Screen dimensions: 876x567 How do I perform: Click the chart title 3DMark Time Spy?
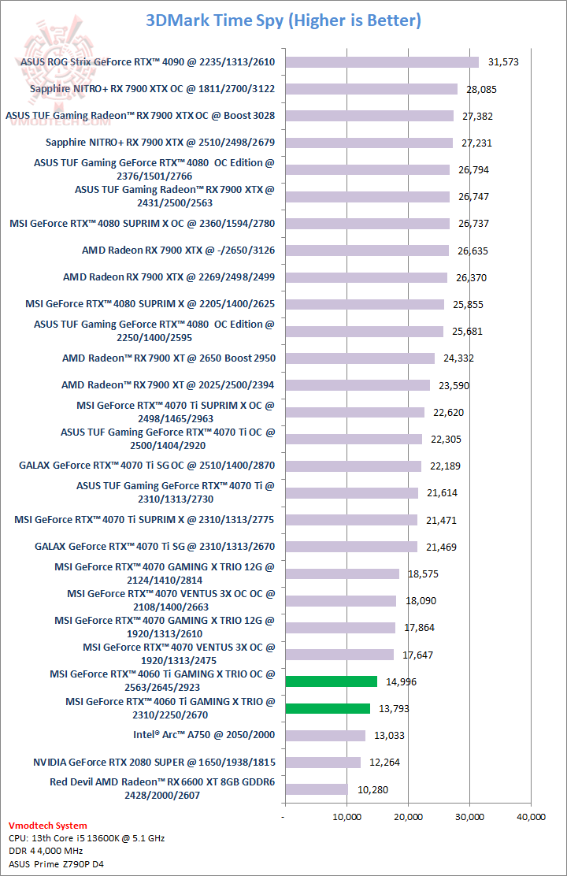pyautogui.click(x=283, y=20)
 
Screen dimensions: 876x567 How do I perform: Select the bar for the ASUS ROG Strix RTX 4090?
pyautogui.click(x=382, y=62)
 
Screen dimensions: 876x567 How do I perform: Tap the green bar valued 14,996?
pyautogui.click(x=332, y=681)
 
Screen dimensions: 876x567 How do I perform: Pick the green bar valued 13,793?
pyautogui.click(x=328, y=708)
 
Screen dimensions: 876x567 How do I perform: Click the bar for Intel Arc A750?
pyautogui.click(x=325, y=735)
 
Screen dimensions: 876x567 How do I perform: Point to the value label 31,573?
pyautogui.click(x=503, y=62)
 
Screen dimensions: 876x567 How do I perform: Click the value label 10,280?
pyautogui.click(x=372, y=789)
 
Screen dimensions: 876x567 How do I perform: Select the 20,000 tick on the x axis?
pyautogui.click(x=409, y=816)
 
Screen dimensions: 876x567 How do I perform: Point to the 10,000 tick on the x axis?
pyautogui.click(x=347, y=816)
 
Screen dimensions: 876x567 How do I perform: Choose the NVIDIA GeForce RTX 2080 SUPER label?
pyautogui.click(x=154, y=762)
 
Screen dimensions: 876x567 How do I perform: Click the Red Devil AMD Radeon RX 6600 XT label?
pyautogui.click(x=162, y=789)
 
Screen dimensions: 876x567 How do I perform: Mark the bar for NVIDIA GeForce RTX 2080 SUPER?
pyautogui.click(x=323, y=763)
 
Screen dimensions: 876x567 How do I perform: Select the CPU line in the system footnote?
pyautogui.click(x=87, y=838)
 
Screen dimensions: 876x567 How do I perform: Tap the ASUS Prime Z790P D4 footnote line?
pyautogui.click(x=56, y=864)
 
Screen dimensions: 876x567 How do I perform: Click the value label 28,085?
pyautogui.click(x=482, y=90)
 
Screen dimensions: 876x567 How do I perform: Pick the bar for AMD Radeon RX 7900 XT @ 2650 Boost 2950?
pyautogui.click(x=360, y=358)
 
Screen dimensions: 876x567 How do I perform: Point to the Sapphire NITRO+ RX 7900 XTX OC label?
pyautogui.click(x=153, y=89)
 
